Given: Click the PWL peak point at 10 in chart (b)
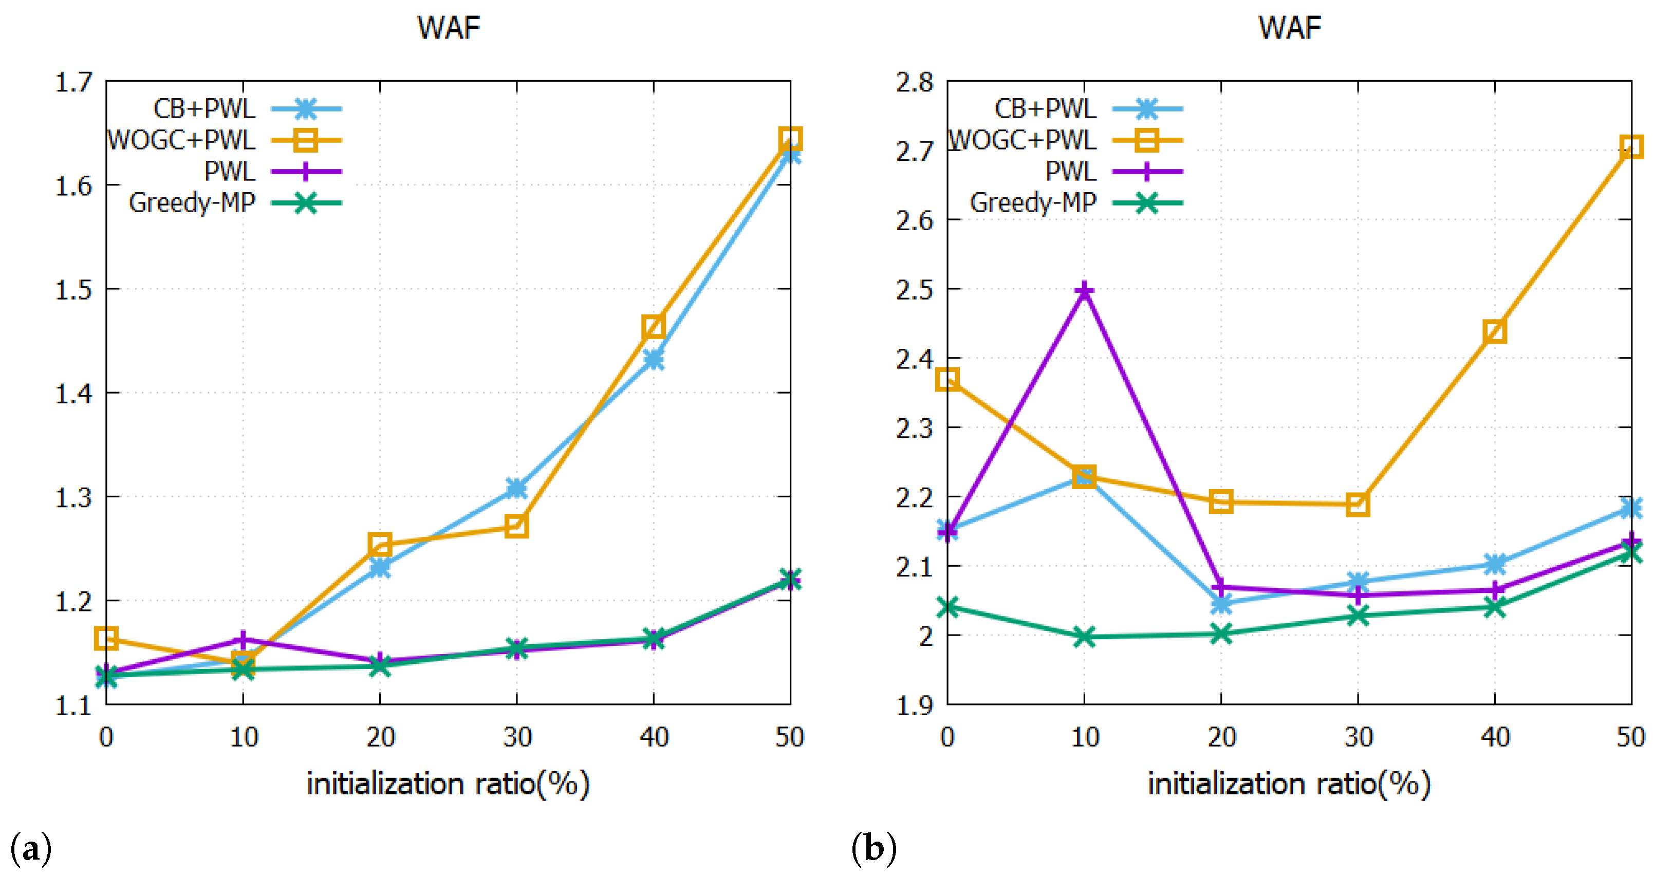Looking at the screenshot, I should [x=1084, y=291].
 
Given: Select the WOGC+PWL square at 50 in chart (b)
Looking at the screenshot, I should [x=1631, y=147].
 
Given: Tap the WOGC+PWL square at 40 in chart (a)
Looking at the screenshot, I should [x=653, y=327].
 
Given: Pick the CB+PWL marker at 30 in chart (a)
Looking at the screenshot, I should [x=516, y=488].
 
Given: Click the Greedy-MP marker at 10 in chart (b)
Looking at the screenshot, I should [x=1084, y=637].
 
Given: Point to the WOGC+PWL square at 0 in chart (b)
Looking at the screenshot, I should [x=947, y=379].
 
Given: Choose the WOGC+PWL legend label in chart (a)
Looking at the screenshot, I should [x=182, y=140].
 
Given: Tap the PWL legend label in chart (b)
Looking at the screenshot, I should [x=1070, y=172].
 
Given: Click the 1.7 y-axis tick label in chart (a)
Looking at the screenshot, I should [x=74, y=83].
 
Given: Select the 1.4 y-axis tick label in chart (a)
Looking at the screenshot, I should [x=74, y=394].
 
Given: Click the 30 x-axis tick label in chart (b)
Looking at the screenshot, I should [x=1358, y=737].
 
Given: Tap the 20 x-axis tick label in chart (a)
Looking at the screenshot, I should [x=380, y=737].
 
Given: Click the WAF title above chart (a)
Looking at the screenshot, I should [x=448, y=28].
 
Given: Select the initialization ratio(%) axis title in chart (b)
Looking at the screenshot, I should [x=1289, y=784].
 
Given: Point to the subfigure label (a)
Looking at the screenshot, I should [x=31, y=849].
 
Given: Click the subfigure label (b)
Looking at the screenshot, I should [x=873, y=849].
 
